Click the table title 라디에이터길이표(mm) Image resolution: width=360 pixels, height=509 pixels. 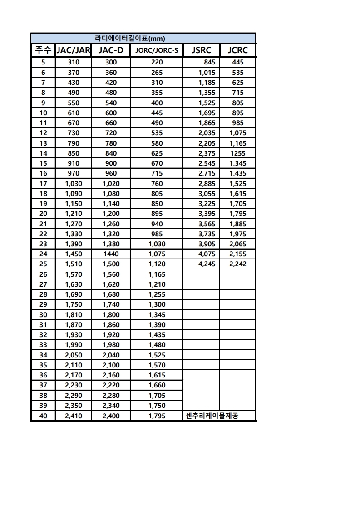coord(143,39)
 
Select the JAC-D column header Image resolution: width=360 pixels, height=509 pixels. coord(111,50)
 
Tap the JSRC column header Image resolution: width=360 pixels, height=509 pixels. coord(201,50)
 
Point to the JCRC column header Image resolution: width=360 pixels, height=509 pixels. coord(237,50)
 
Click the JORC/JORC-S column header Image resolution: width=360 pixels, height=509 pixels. coord(157,50)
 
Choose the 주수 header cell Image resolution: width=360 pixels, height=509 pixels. coord(43,50)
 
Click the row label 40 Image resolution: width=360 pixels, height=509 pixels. coord(43,416)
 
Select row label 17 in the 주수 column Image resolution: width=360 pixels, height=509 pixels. coord(43,184)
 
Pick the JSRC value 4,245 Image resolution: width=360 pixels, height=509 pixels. coord(207,264)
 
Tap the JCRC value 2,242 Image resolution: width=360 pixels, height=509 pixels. coord(237,264)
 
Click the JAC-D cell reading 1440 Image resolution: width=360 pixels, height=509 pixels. coord(111,254)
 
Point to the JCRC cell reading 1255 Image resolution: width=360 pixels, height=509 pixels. coord(237,153)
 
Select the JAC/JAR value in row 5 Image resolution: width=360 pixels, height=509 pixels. coord(73,62)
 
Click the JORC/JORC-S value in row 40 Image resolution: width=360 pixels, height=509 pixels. coord(157,416)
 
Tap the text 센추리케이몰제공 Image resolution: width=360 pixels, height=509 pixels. coord(212,416)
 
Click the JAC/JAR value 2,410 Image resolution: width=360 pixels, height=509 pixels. coord(73,416)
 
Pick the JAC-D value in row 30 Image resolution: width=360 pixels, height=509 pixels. coord(111,315)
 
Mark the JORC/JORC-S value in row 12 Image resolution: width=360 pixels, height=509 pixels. coord(157,133)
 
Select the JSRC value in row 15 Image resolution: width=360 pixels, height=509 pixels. coord(207,163)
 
